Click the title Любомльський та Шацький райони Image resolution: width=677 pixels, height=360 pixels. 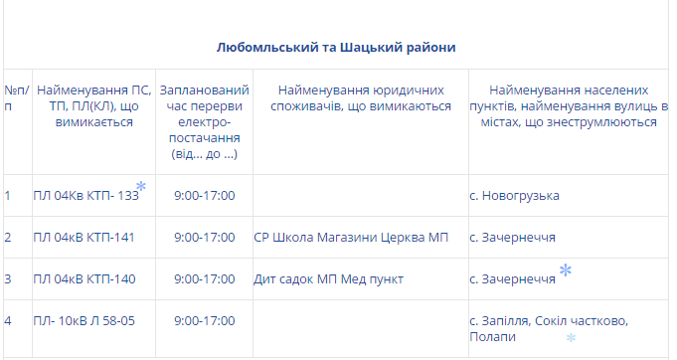(336, 47)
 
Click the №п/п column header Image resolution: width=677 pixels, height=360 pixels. (17, 98)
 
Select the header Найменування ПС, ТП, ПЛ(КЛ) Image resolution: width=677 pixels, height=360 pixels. (94, 106)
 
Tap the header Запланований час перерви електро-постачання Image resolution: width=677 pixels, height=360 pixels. (204, 121)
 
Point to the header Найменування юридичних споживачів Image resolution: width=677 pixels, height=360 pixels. (361, 98)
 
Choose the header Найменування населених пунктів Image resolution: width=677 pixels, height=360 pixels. (569, 106)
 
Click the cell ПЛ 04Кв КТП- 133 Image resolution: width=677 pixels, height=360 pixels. (85, 196)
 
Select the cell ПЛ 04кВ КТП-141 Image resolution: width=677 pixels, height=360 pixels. (85, 238)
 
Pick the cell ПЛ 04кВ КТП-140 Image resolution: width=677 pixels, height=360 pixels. (85, 279)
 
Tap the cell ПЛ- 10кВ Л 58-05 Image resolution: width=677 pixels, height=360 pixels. (85, 321)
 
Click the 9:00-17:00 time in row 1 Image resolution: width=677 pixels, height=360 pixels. (204, 196)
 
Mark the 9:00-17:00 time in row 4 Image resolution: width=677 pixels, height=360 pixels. (204, 321)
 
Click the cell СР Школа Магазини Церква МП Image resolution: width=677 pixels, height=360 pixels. (351, 238)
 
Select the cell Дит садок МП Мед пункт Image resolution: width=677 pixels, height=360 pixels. (329, 279)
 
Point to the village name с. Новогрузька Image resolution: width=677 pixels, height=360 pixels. (514, 196)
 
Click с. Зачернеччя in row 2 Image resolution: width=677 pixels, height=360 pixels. (513, 238)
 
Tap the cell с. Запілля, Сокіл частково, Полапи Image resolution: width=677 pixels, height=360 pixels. (549, 329)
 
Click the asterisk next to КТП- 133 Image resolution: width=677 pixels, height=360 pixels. (141, 186)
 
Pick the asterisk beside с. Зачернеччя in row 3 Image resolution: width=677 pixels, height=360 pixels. (566, 270)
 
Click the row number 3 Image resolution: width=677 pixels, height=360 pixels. (8, 279)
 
